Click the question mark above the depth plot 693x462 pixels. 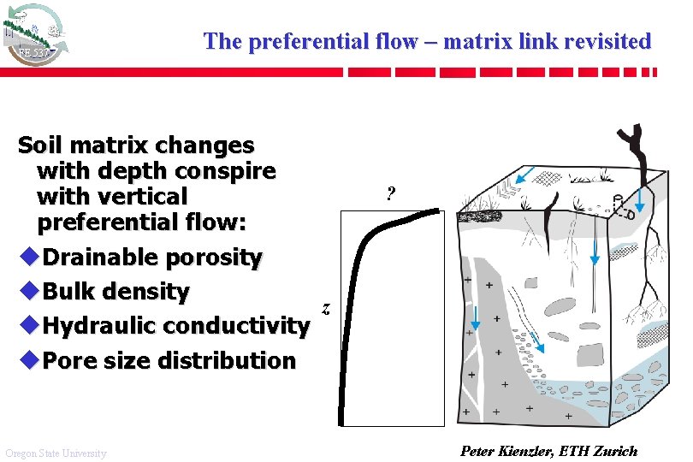pyautogui.click(x=390, y=193)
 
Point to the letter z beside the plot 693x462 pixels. pyautogui.click(x=326, y=307)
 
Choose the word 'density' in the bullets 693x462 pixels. pyautogui.click(x=150, y=292)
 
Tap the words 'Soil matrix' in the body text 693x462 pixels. pyautogui.click(x=89, y=145)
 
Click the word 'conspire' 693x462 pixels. pyautogui.click(x=229, y=171)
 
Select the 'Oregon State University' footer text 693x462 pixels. pyautogui.click(x=56, y=453)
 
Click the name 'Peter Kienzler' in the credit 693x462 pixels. pyautogui.click(x=506, y=451)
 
